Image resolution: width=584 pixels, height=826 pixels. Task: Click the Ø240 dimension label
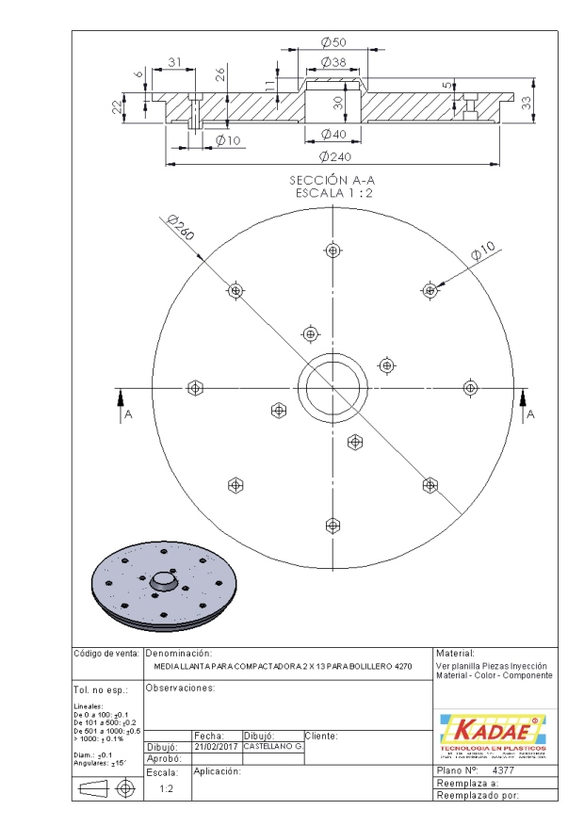point(334,156)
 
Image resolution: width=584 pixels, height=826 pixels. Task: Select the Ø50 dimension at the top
point(333,43)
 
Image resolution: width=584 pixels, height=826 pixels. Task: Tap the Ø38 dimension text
point(333,62)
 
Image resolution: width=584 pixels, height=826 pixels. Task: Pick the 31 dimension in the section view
point(175,62)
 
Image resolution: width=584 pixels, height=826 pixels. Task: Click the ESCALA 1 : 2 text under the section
point(333,192)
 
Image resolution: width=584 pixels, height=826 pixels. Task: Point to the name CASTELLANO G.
point(272,746)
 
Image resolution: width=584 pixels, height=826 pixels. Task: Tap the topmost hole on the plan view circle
point(332,250)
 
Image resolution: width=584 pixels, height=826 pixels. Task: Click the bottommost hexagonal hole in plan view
point(332,524)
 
